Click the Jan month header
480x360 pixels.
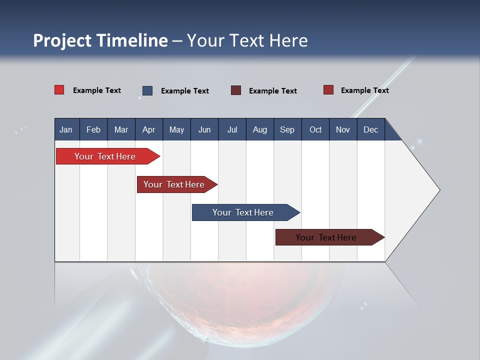pos(66,129)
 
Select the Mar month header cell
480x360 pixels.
pos(121,129)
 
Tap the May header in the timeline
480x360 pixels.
pos(176,129)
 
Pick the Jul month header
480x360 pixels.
pos(232,129)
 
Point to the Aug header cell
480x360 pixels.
pos(259,129)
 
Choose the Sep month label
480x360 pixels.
pos(287,129)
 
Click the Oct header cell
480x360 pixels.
pos(315,129)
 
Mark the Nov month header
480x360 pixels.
pos(342,129)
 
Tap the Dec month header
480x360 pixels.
pos(370,129)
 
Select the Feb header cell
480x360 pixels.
pos(93,129)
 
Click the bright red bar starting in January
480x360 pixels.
pos(105,156)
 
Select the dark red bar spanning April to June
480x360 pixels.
pos(174,184)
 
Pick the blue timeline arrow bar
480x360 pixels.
pos(243,212)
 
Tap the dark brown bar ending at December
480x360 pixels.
pos(326,237)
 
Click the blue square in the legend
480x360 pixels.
pos(147,90)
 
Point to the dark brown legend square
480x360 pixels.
pos(236,90)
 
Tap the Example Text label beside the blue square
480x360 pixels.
pos(184,91)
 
